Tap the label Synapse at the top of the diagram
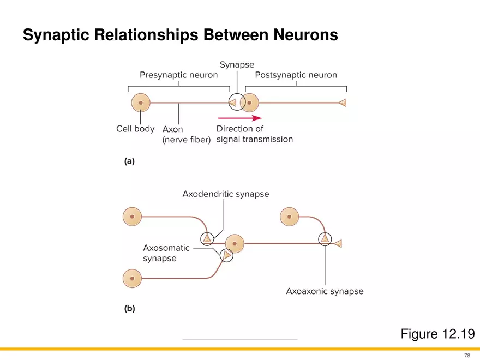click(237, 65)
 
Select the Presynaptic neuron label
click(178, 75)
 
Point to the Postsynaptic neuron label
click(296, 75)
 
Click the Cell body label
click(135, 129)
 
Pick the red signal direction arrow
click(240, 117)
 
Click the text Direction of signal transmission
click(254, 134)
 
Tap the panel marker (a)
click(129, 161)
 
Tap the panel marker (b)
click(129, 308)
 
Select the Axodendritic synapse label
click(225, 194)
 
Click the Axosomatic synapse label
click(166, 253)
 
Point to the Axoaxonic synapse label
click(325, 291)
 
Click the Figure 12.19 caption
click(437, 334)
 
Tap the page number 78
click(467, 355)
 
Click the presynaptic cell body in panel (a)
click(141, 103)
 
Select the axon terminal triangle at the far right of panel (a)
click(342, 103)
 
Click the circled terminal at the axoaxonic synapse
click(325, 239)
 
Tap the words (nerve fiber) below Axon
click(187, 140)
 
